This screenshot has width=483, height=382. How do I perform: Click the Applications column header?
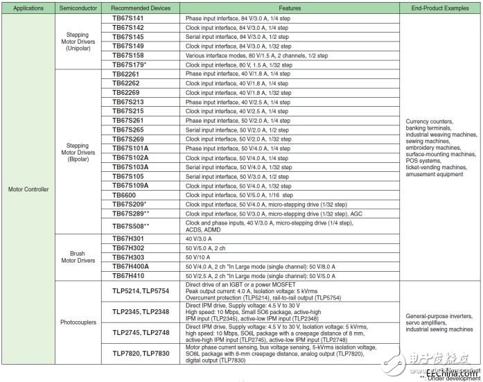pyautogui.click(x=28, y=8)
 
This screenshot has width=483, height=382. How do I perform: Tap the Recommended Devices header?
pyautogui.click(x=141, y=8)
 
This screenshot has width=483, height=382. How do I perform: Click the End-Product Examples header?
pyautogui.click(x=440, y=8)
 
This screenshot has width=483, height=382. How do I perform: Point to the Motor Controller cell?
pyautogui.click(x=28, y=189)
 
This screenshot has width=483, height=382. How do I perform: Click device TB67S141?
pyautogui.click(x=128, y=18)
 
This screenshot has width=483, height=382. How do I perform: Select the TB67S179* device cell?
pyautogui.click(x=130, y=64)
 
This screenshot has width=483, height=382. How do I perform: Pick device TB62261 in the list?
pyautogui.click(x=126, y=74)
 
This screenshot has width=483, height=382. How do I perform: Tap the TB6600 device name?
pyautogui.click(x=123, y=196)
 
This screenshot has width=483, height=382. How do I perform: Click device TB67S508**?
pyautogui.click(x=131, y=227)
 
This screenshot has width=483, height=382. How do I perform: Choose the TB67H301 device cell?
pyautogui.click(x=128, y=238)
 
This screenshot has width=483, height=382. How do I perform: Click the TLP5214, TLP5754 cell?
pyautogui.click(x=141, y=291)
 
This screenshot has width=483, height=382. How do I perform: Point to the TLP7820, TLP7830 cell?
pyautogui.click(x=141, y=354)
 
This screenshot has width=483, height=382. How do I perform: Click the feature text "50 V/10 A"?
pyautogui.click(x=202, y=257)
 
